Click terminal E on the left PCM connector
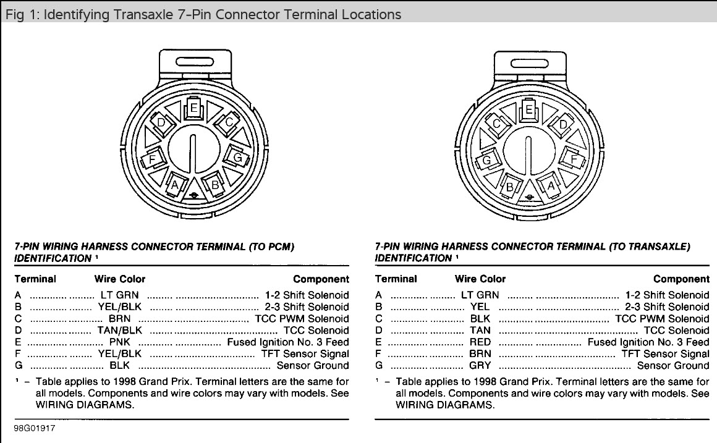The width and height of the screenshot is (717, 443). pos(193,108)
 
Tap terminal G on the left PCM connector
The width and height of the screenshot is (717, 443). pos(237,158)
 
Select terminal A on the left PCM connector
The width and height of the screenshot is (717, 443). pos(174,185)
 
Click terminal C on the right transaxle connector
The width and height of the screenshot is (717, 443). pos(496,124)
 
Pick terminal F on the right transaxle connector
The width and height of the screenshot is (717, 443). pos(574,159)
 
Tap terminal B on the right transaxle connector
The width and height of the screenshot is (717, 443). pos(510,186)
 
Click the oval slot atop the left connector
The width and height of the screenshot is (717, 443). pos(194,62)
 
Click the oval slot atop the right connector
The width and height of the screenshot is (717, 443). pos(530,62)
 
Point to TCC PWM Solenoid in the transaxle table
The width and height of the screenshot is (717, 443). pos(662,319)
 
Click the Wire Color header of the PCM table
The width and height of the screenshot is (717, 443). pos(120,279)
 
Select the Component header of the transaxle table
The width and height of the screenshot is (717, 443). pos(681,279)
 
